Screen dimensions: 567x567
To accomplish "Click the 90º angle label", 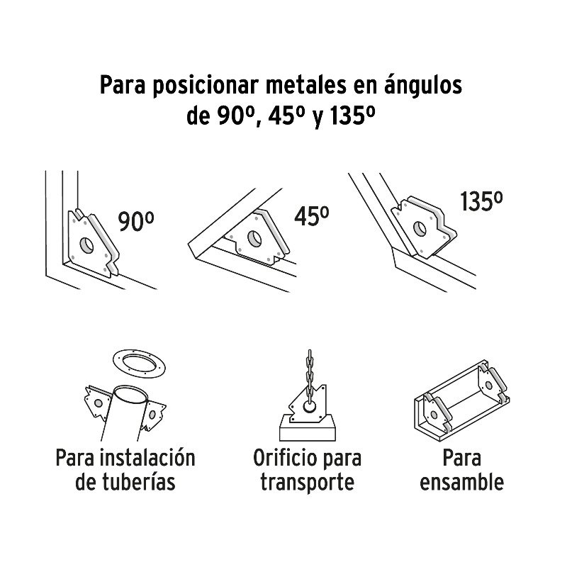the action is [x=136, y=222].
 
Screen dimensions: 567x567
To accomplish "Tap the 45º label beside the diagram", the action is [x=311, y=216].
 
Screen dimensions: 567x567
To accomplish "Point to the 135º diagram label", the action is [x=481, y=201].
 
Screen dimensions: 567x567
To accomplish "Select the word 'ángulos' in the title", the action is [x=422, y=86].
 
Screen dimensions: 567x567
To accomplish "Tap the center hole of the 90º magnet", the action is [x=86, y=245].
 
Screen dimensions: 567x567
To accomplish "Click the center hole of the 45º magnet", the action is [x=254, y=239].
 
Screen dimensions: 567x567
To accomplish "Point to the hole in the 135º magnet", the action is [x=420, y=229].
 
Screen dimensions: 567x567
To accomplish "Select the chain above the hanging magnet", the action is [x=309, y=376].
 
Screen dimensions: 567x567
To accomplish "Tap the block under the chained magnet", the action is [x=308, y=430].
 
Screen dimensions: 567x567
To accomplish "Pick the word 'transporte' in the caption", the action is [x=308, y=483].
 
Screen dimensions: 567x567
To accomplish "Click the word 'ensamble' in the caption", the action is [x=462, y=483].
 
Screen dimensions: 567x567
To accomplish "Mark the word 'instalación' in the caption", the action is [x=147, y=457].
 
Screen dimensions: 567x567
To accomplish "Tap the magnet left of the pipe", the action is [x=97, y=403].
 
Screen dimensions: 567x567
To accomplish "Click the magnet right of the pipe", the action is [x=153, y=415].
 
